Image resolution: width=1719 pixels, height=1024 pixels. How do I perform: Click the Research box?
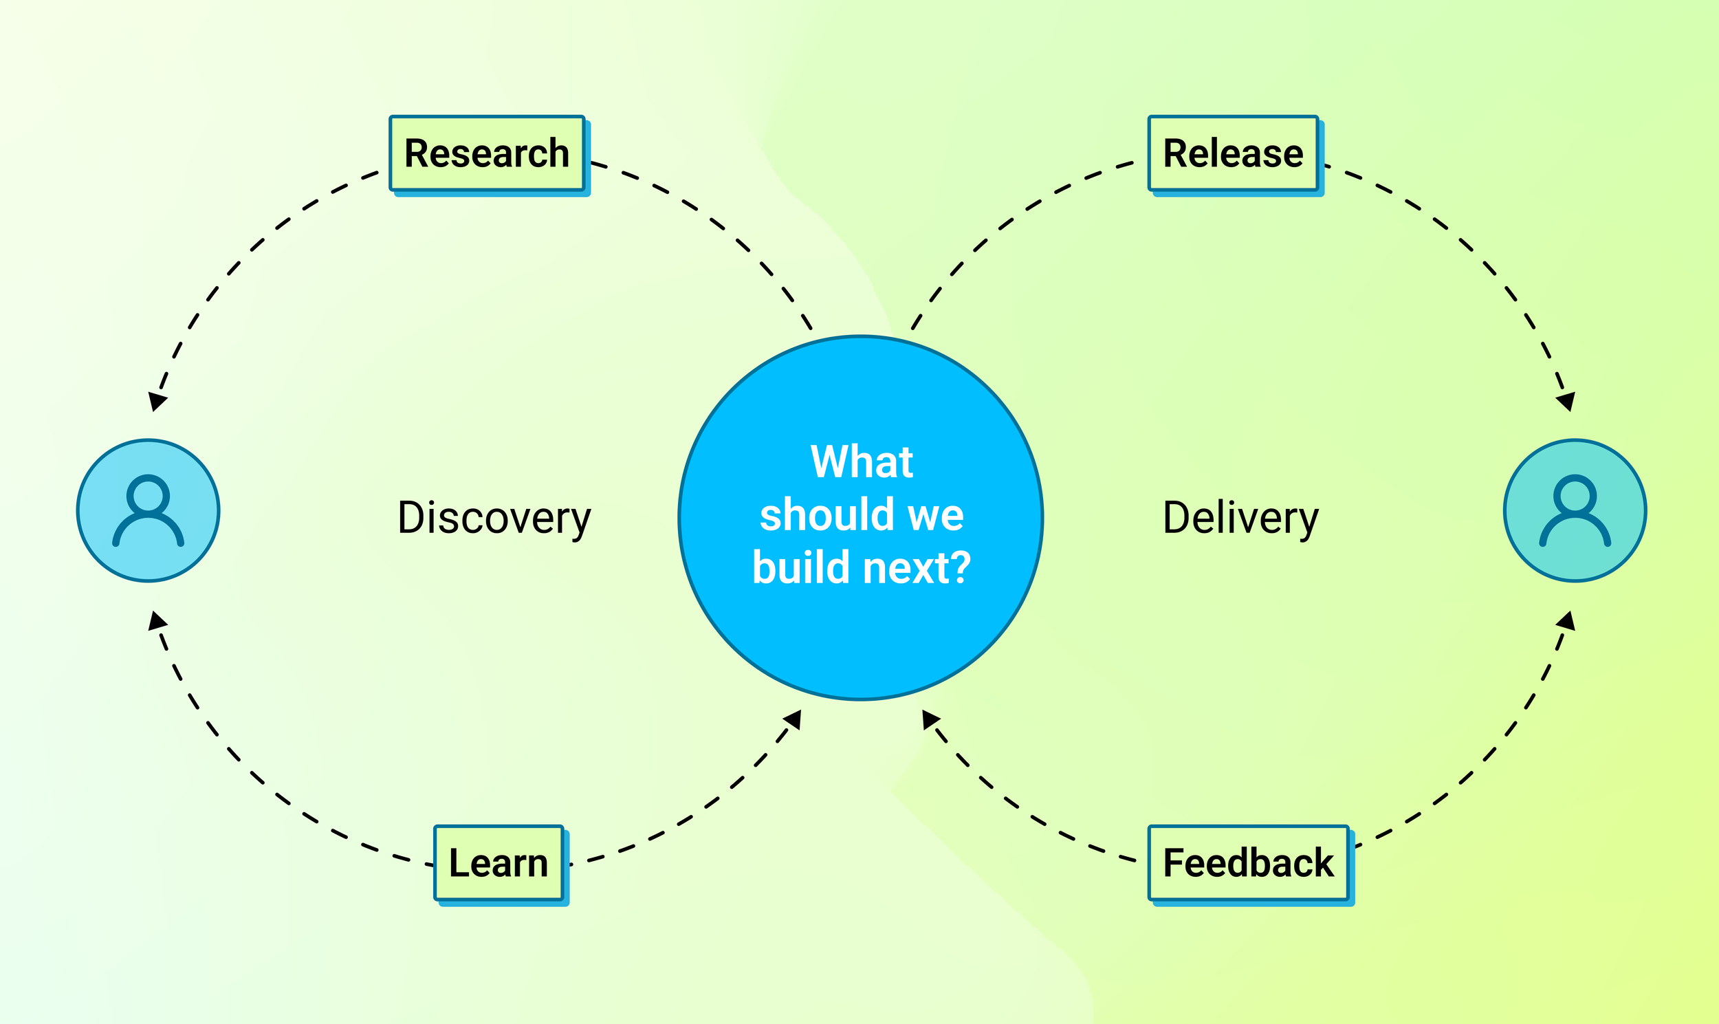coord(486,153)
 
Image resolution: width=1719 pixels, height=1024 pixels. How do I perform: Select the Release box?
coord(1233,153)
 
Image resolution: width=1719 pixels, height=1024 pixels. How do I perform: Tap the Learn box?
coord(498,862)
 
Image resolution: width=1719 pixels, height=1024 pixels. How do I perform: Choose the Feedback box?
coord(1248,862)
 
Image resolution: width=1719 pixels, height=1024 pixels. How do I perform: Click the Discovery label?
coord(494,518)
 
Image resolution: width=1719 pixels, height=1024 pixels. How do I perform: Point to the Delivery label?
coord(1240,518)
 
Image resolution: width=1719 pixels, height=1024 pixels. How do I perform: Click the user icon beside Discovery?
coord(149,510)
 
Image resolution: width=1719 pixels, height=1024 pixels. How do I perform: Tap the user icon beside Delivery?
coord(1575,510)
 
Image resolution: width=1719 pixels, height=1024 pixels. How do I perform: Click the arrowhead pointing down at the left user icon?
coord(157,401)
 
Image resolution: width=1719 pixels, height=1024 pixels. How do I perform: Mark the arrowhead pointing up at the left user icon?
coord(157,621)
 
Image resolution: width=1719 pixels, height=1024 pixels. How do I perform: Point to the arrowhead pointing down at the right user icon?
coord(1566,401)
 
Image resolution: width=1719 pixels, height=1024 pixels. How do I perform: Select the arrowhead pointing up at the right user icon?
coord(1566,621)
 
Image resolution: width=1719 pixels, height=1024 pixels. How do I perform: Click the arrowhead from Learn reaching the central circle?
coord(793,719)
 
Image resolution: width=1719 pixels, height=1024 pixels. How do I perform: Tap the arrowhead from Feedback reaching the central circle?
coord(930,719)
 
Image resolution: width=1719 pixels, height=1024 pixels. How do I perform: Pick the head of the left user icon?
coord(149,494)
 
